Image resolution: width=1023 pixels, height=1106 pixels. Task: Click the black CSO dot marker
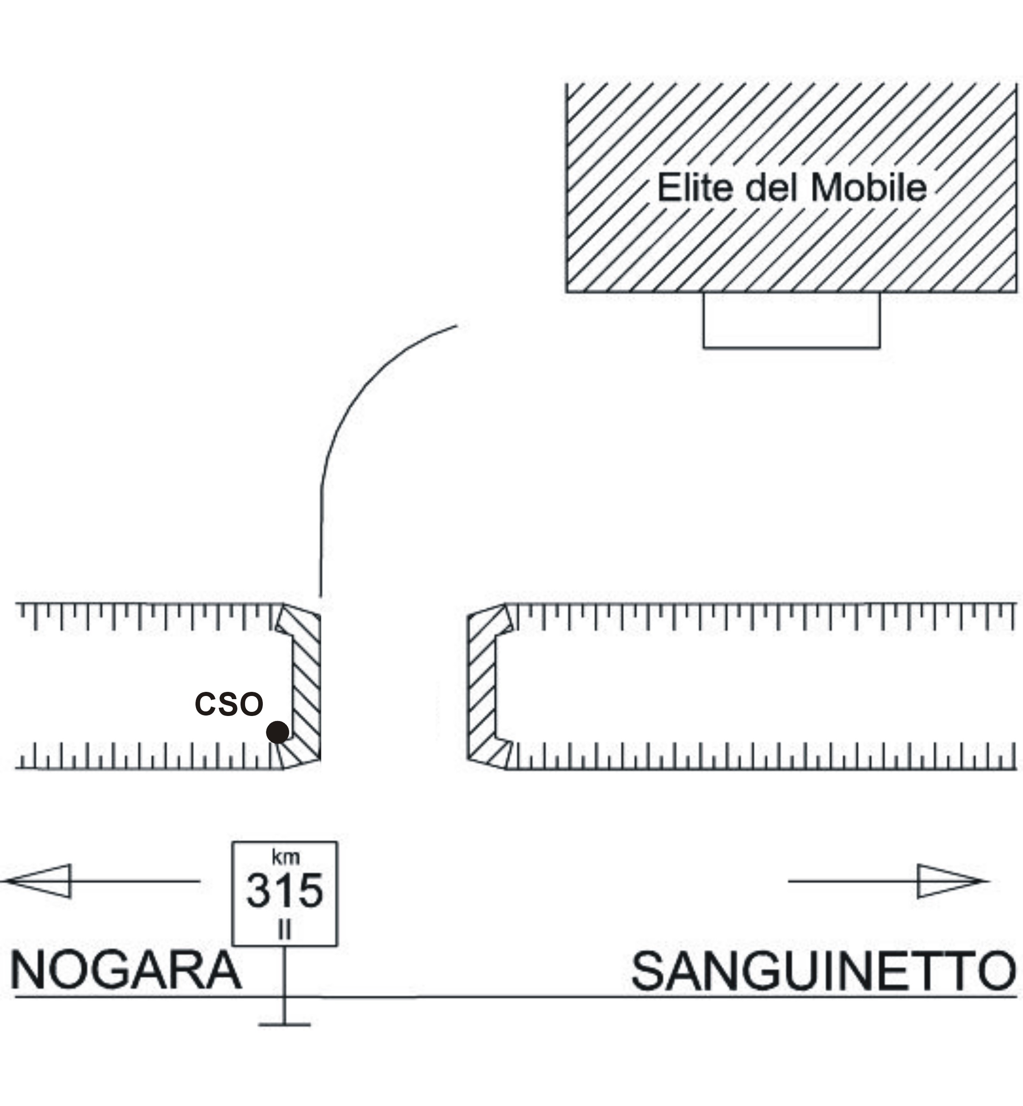tap(277, 732)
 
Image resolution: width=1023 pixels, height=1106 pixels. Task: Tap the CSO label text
tap(229, 704)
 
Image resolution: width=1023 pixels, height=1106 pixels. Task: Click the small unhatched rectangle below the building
tap(792, 320)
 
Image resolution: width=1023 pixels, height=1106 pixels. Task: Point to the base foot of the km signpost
tap(284, 1025)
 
